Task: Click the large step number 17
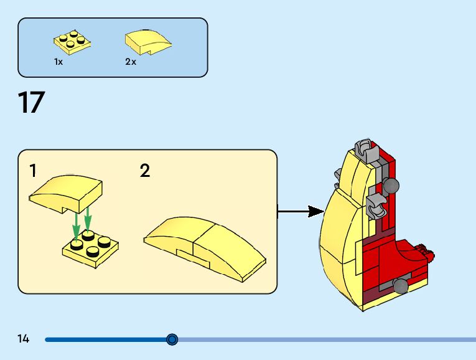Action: (x=31, y=103)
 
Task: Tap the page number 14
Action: (x=24, y=339)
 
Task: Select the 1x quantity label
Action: (x=58, y=62)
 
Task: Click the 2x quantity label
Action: (x=131, y=62)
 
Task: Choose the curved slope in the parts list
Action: (x=147, y=41)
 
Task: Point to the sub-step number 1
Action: (x=33, y=171)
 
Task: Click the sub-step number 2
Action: (x=145, y=171)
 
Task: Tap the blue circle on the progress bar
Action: (x=172, y=339)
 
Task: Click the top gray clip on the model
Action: (x=366, y=150)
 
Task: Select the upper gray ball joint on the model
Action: (x=391, y=185)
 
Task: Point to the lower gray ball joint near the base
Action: (x=400, y=285)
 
